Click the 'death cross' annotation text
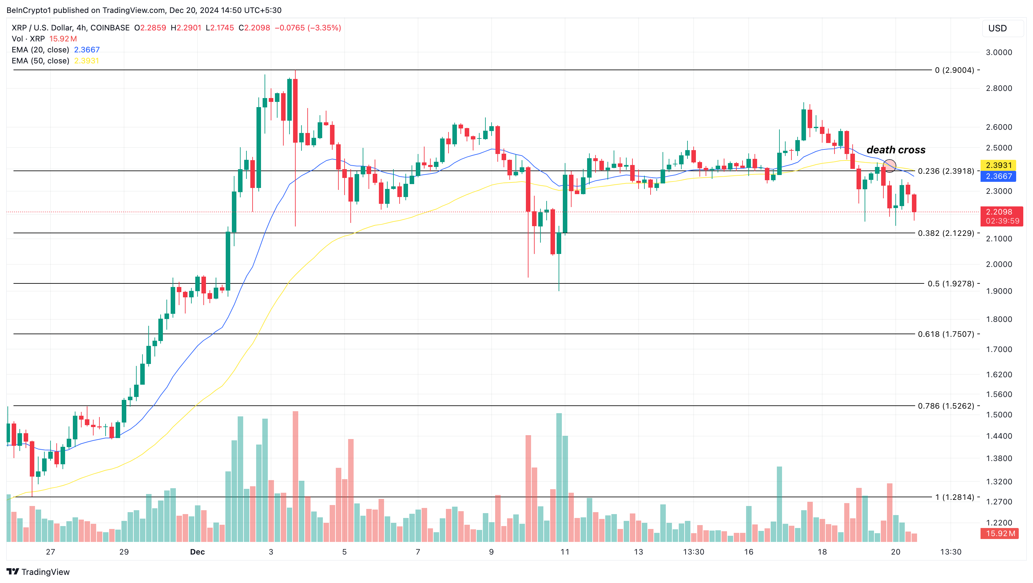click(x=895, y=150)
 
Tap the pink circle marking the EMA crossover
click(x=890, y=165)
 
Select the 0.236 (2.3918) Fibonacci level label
click(x=946, y=171)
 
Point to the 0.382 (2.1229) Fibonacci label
click(x=946, y=233)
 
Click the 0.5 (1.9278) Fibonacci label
click(x=950, y=284)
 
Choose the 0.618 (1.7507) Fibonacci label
click(x=946, y=334)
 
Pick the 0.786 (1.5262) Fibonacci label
click(x=946, y=406)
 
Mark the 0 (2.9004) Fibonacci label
click(x=954, y=70)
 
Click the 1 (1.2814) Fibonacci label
click(x=954, y=497)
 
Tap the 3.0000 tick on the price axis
click(x=999, y=52)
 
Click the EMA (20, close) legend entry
click(x=40, y=50)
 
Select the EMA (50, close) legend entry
click(x=40, y=61)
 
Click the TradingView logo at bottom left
click(x=38, y=572)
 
